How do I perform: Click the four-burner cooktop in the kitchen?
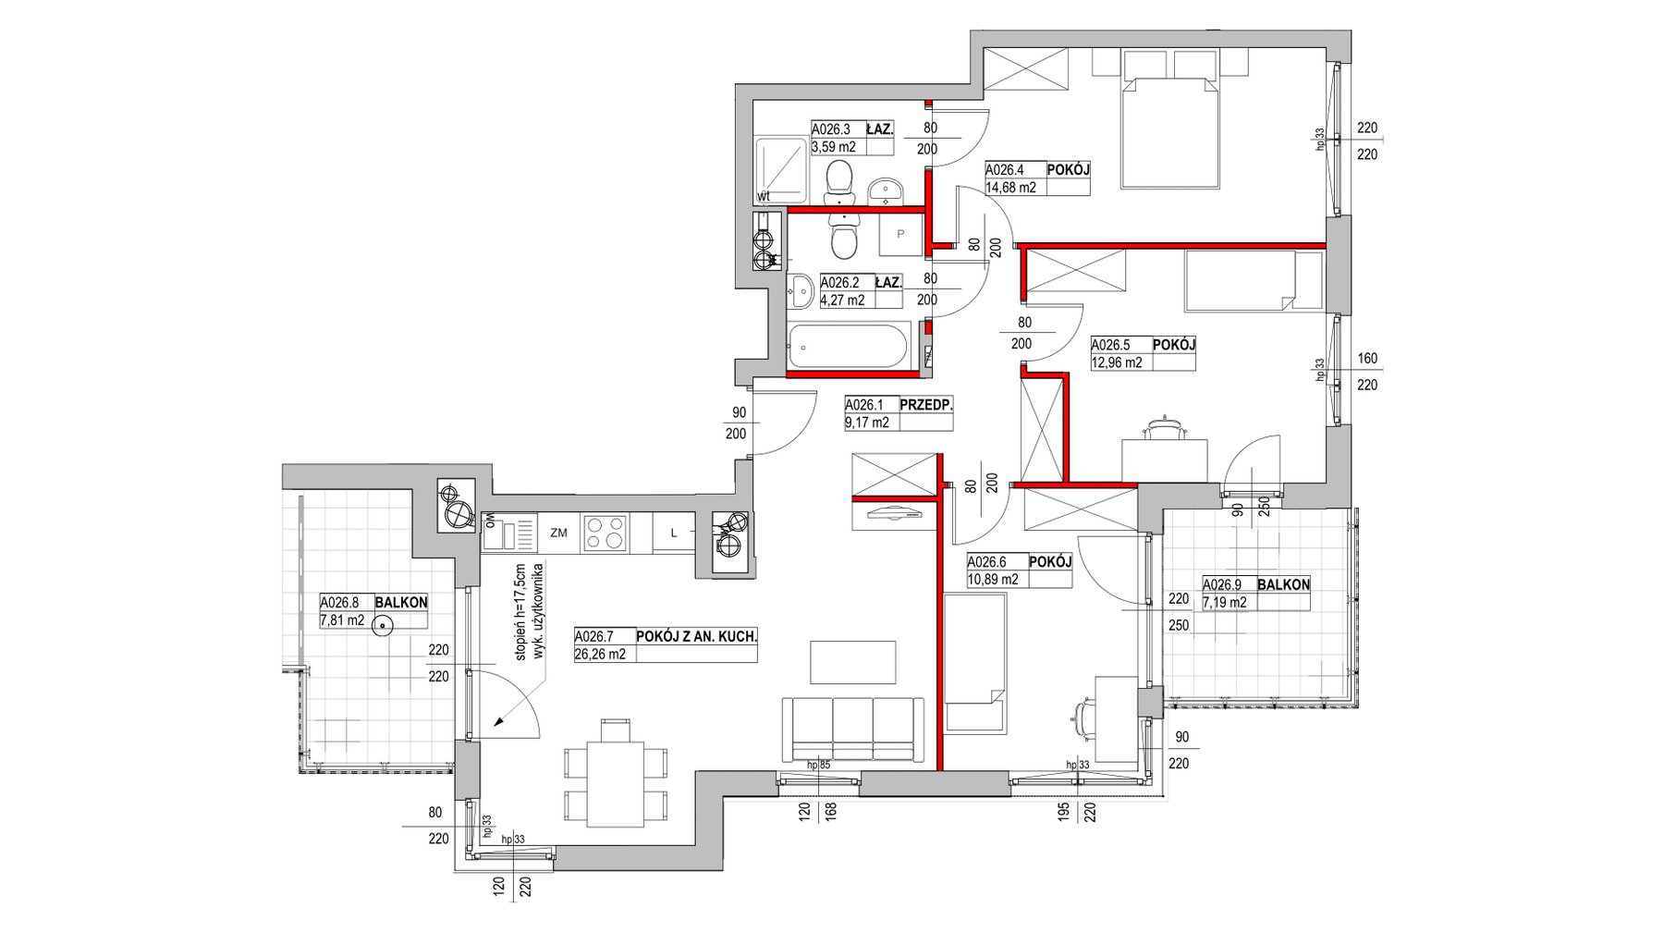[605, 533]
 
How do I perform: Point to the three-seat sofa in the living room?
[852, 729]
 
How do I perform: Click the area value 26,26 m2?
[600, 654]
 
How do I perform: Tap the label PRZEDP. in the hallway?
[925, 404]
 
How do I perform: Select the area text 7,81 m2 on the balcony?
[342, 620]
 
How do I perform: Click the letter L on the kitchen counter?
[674, 533]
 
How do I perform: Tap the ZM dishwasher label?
[557, 533]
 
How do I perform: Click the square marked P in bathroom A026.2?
[899, 235]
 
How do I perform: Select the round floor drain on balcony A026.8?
[381, 626]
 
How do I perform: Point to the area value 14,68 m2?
[1010, 187]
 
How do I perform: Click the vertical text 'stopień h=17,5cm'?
[520, 613]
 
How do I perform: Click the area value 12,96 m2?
[1117, 362]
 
